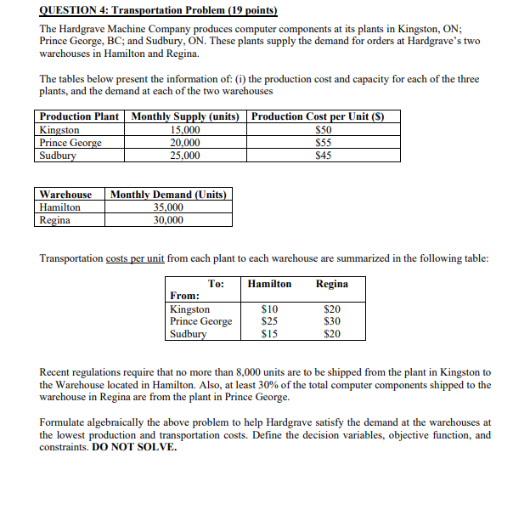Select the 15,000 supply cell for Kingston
point(186,130)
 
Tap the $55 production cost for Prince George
point(323,143)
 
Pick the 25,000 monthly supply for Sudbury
point(186,156)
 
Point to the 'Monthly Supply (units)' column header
point(186,116)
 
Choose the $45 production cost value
point(323,156)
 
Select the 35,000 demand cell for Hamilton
point(168,207)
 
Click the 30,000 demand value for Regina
point(168,220)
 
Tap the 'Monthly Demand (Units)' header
point(168,195)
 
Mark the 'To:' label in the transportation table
point(217,284)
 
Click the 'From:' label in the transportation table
point(185,296)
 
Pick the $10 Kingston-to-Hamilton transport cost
point(268,309)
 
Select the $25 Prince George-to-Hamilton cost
point(268,321)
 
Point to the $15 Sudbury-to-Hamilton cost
point(268,334)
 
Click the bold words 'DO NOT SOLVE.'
point(137,447)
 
